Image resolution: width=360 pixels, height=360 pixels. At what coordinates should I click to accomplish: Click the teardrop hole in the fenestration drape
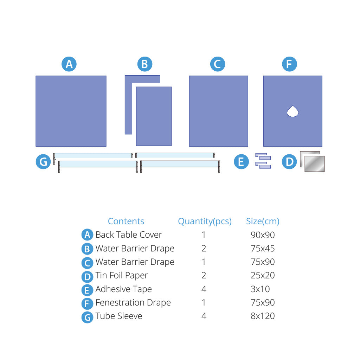pyautogui.click(x=293, y=111)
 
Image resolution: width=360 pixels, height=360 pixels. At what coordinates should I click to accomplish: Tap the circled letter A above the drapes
pyautogui.click(x=69, y=64)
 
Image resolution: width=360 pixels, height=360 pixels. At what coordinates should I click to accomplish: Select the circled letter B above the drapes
pyautogui.click(x=144, y=64)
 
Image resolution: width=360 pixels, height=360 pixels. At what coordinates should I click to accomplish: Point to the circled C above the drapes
pyautogui.click(x=217, y=64)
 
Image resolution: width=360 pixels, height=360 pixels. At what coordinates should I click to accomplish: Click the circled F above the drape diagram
pyautogui.click(x=289, y=64)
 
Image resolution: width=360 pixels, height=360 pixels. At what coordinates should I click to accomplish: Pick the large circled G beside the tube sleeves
pyautogui.click(x=43, y=162)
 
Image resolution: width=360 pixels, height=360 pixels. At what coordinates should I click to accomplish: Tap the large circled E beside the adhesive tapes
pyautogui.click(x=241, y=162)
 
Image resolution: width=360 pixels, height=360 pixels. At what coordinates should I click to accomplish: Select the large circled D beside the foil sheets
pyautogui.click(x=289, y=162)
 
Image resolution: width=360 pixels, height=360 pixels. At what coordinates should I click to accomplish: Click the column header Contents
pyautogui.click(x=126, y=221)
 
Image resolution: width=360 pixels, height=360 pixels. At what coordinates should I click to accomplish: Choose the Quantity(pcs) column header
pyautogui.click(x=205, y=221)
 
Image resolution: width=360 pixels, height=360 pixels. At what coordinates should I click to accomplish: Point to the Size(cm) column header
pyautogui.click(x=263, y=221)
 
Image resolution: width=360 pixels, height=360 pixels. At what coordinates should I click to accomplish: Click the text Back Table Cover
pyautogui.click(x=129, y=234)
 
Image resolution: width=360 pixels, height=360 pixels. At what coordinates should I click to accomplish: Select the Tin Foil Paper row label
pyautogui.click(x=122, y=276)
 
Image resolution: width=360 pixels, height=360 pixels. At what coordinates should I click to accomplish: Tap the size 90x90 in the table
pyautogui.click(x=263, y=235)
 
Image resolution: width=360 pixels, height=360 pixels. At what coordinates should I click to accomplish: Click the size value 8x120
pyautogui.click(x=263, y=316)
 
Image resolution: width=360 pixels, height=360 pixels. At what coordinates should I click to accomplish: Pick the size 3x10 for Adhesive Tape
pyautogui.click(x=260, y=289)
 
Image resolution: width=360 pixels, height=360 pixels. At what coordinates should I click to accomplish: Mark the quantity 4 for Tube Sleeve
pyautogui.click(x=204, y=316)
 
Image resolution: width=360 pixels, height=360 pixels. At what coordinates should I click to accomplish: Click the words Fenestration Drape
pyautogui.click(x=133, y=303)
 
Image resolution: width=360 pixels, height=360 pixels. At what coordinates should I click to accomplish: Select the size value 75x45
pyautogui.click(x=263, y=249)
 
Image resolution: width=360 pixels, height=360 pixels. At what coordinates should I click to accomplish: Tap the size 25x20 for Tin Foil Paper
pyautogui.click(x=263, y=275)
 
